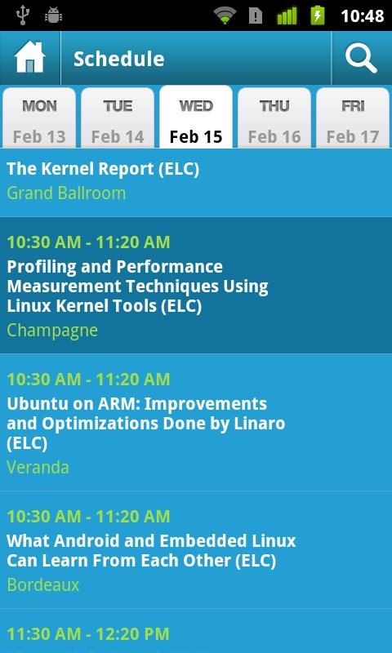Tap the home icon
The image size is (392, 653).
click(x=29, y=57)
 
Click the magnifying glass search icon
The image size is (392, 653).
click(x=361, y=58)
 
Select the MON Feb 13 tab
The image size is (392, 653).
click(x=39, y=118)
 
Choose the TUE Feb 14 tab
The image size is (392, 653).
click(x=118, y=118)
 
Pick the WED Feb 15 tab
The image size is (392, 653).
click(x=196, y=118)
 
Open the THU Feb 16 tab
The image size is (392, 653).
click(x=274, y=118)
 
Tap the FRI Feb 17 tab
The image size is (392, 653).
click(x=353, y=118)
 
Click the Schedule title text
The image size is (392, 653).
click(x=118, y=59)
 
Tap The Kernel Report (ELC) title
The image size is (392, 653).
click(x=103, y=169)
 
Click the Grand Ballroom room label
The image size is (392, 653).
click(x=66, y=193)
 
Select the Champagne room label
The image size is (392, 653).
click(x=52, y=331)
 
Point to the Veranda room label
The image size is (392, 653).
click(x=38, y=467)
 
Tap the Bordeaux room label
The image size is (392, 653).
click(x=43, y=584)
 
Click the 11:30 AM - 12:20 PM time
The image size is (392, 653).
click(x=88, y=634)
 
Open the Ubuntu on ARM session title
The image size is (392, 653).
click(x=146, y=424)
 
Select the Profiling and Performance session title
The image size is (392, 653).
click(x=137, y=287)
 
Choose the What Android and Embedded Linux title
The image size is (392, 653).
click(x=151, y=550)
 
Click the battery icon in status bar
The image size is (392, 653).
click(x=318, y=16)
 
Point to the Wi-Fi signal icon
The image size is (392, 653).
click(x=225, y=16)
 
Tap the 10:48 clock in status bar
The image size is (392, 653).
click(x=363, y=16)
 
